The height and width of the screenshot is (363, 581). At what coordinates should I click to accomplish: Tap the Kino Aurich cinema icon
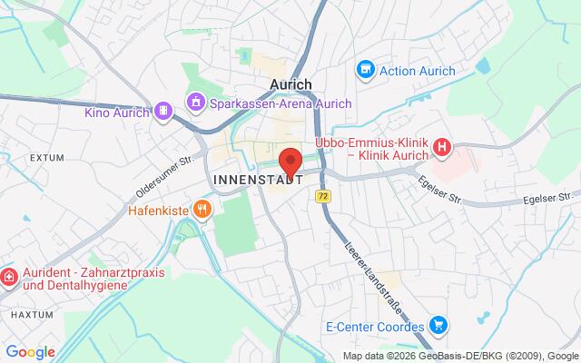(x=162, y=111)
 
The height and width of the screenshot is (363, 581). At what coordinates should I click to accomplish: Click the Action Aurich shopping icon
(x=365, y=68)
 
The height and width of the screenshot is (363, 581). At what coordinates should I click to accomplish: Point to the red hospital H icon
(x=442, y=146)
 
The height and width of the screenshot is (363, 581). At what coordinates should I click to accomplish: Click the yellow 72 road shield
(x=323, y=196)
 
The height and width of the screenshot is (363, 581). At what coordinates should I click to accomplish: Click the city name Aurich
(x=290, y=83)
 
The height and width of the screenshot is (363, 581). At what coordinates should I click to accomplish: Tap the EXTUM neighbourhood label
(x=46, y=158)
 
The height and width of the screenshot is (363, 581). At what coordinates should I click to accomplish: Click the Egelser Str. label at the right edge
(x=556, y=195)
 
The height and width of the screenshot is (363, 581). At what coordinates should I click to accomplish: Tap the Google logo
(x=30, y=351)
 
